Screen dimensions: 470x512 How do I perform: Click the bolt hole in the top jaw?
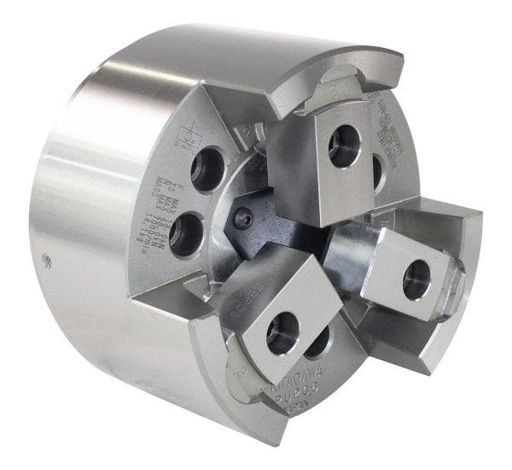(x=344, y=146)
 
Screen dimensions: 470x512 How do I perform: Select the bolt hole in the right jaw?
(x=416, y=279)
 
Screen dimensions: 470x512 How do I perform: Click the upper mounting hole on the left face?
(x=207, y=169)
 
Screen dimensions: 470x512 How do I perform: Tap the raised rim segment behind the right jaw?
(x=461, y=231)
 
